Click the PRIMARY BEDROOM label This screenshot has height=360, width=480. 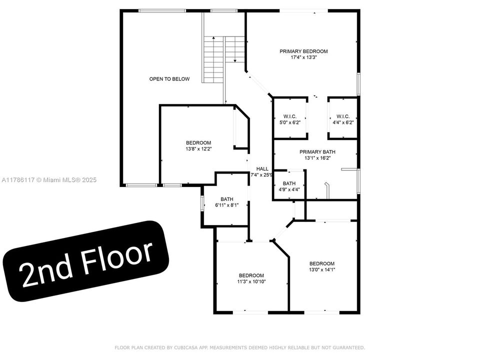pos(303,51)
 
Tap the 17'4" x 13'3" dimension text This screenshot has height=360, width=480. pos(303,57)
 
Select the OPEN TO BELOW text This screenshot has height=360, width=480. pos(169,79)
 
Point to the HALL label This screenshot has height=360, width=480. pos(262,168)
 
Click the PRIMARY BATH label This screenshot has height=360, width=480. pos(317,152)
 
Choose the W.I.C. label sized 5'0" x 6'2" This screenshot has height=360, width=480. pos(290,116)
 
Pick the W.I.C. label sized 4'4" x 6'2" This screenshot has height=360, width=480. pos(343,116)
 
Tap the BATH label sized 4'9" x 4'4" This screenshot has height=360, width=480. pos(289,183)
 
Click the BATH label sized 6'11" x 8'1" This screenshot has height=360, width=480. pos(227,199)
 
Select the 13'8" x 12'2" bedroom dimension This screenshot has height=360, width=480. pos(198,149)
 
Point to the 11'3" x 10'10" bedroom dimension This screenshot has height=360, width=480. pos(251,281)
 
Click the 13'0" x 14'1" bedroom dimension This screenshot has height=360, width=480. pos(322,269)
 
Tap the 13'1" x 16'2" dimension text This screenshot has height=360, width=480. pos(317,158)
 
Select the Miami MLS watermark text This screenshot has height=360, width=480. pos(49,180)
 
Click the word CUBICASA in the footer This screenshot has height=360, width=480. pos(186,348)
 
